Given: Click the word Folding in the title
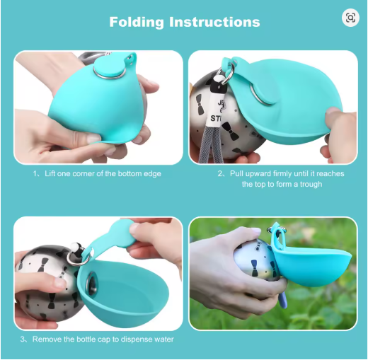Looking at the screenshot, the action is tap(137, 23).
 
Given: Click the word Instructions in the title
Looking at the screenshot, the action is tap(214, 22).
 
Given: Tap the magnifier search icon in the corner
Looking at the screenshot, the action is tap(350, 18).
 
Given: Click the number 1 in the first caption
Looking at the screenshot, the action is tap(35, 174).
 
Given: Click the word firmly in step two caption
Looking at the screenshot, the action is tap(284, 174).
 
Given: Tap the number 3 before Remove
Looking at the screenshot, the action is tap(23, 339).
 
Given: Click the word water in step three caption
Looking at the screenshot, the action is tap(164, 339).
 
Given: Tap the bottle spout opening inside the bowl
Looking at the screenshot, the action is tap(91, 284).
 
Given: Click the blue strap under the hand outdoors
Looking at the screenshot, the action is tap(283, 298).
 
